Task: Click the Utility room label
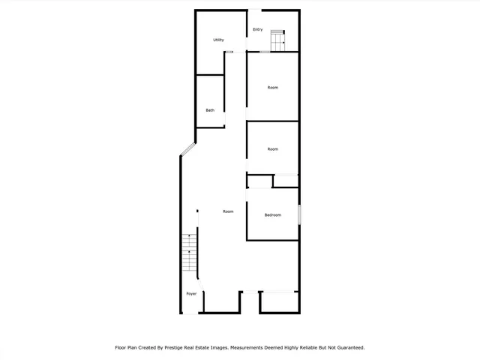point(218,40)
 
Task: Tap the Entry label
point(257,29)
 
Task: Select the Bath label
point(211,111)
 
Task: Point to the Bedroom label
point(273,215)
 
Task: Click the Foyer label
point(191,293)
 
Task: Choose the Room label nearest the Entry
point(273,88)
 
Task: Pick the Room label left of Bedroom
point(228,211)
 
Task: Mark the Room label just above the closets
point(273,149)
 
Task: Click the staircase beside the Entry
point(278,41)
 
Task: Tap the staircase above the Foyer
point(190,255)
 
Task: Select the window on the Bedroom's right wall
point(299,214)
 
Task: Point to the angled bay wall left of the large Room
point(187,150)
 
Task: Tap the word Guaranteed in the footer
point(346,347)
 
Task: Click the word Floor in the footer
point(121,347)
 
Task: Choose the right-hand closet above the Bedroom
point(286,181)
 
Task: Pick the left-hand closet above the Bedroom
point(259,181)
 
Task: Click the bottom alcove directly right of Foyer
point(222,301)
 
